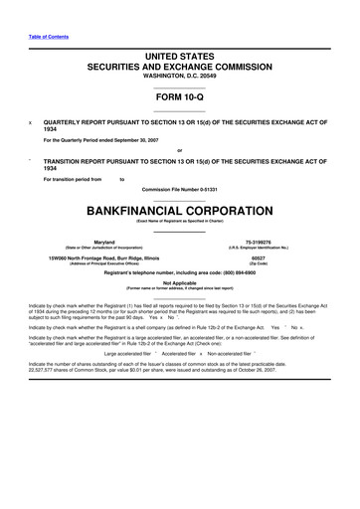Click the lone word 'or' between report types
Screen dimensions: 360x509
point(179,151)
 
